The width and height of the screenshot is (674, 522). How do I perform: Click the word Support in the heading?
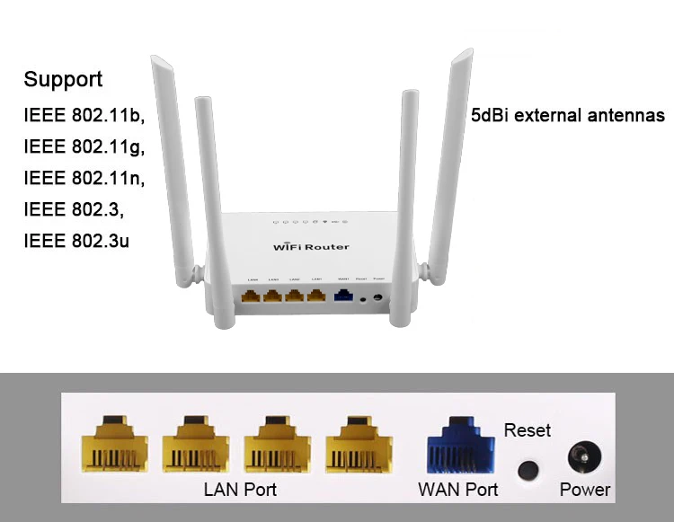[x=63, y=80]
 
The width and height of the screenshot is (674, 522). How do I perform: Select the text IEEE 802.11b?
[x=84, y=116]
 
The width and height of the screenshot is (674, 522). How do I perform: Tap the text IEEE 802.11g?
[x=84, y=147]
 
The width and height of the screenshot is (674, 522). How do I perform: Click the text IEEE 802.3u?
[x=76, y=242]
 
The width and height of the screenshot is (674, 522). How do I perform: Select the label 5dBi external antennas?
[x=568, y=116]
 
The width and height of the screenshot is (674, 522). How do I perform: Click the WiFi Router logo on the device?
[x=311, y=246]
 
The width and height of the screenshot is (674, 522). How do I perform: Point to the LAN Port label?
[x=240, y=490]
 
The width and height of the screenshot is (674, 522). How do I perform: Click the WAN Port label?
[x=458, y=490]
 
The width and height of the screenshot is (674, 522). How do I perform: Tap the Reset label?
[x=528, y=430]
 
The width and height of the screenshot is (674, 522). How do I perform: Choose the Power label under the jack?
[x=585, y=490]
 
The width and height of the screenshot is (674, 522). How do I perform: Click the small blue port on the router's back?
[x=343, y=295]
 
